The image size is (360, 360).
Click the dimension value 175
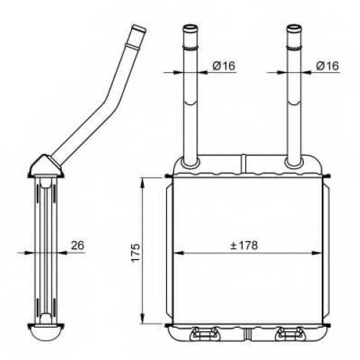(135, 253)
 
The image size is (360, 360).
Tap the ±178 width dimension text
(244, 246)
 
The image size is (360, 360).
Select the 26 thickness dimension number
(78, 246)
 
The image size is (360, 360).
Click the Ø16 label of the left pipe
(224, 66)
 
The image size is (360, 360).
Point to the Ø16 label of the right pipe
(328, 66)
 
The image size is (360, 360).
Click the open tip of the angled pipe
(139, 27)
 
